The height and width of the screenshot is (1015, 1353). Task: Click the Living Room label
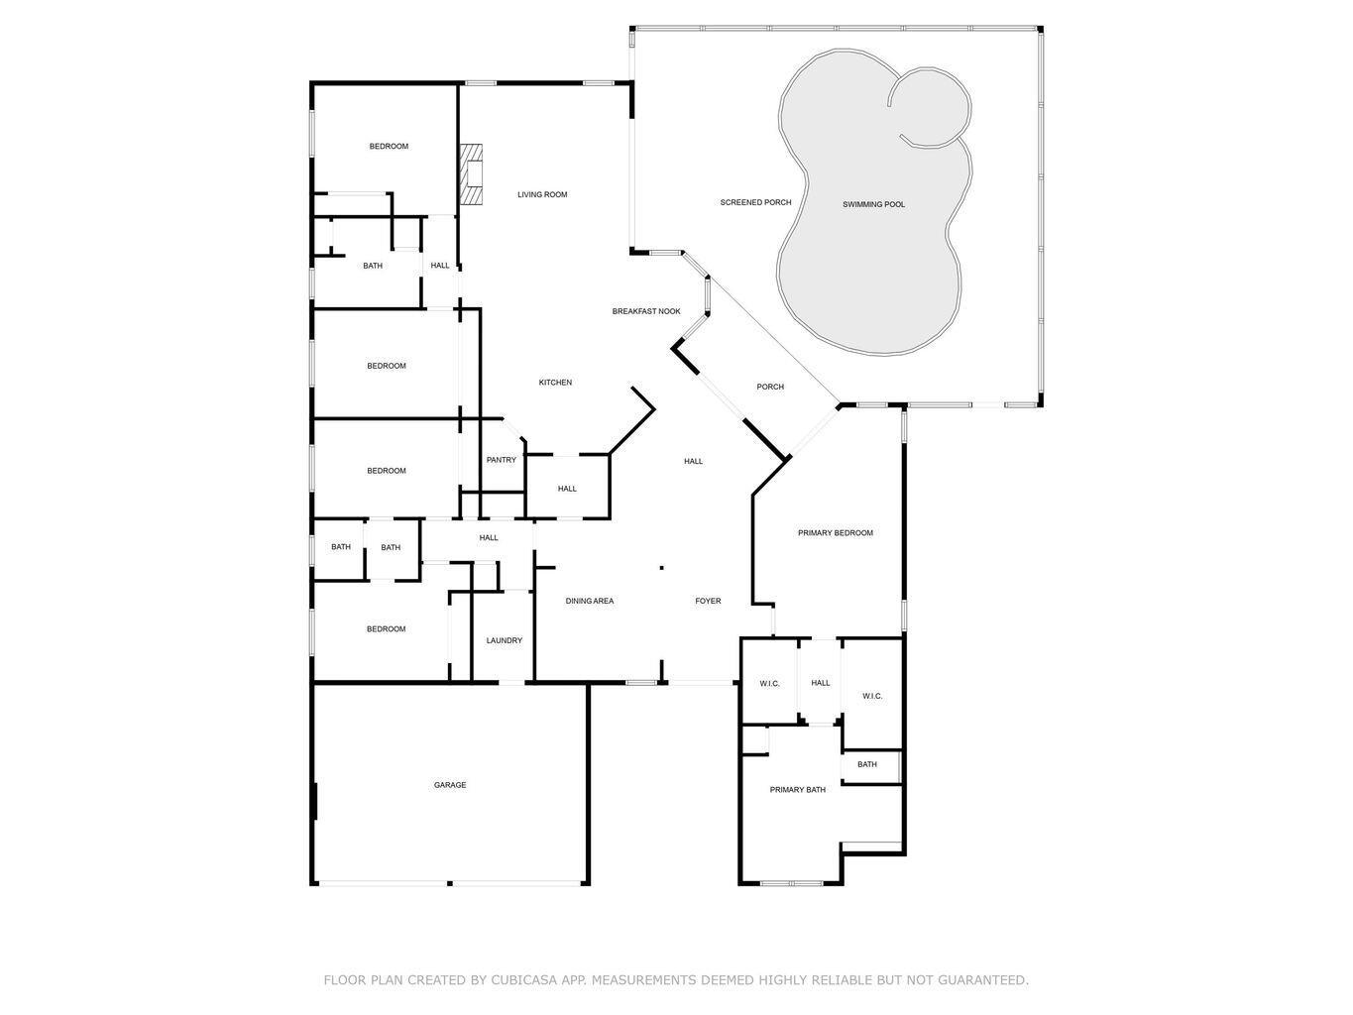542,194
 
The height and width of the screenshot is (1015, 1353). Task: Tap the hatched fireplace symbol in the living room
472,174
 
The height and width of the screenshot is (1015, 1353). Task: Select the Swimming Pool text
873,204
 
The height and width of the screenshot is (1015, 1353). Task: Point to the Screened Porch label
755,202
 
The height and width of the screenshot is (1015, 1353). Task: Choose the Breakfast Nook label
646,311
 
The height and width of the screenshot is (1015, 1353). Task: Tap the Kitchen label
555,383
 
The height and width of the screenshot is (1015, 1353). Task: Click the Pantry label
502,460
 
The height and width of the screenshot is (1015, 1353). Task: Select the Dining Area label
590,601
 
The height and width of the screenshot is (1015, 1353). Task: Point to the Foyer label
708,601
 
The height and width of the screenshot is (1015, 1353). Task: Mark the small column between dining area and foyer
662,568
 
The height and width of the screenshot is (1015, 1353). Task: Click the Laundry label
504,640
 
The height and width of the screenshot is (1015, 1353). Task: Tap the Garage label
450,785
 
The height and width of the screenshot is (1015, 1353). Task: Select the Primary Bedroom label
836,533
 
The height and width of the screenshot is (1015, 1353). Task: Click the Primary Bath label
798,790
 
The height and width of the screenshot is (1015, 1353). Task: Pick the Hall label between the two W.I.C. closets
821,683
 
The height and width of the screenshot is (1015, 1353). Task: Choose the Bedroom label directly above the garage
386,628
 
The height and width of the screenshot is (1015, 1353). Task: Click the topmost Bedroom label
389,147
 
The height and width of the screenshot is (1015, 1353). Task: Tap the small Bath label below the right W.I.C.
867,764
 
